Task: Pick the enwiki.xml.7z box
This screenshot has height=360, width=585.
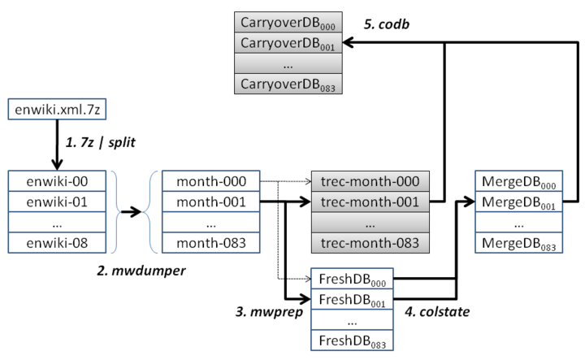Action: (x=57, y=109)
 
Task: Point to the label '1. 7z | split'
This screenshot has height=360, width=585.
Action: (x=102, y=142)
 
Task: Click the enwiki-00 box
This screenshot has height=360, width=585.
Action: (x=57, y=180)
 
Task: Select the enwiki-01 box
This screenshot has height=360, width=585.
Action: (x=57, y=201)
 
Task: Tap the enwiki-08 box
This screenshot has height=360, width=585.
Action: (x=57, y=242)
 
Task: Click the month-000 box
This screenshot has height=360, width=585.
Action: (x=210, y=180)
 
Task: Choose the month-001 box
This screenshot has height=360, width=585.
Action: (x=210, y=201)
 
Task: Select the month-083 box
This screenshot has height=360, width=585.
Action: (x=210, y=242)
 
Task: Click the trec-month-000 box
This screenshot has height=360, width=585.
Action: (x=370, y=180)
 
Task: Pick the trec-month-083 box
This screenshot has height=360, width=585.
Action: (x=370, y=242)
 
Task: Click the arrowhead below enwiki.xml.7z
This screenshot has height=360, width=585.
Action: (x=57, y=163)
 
